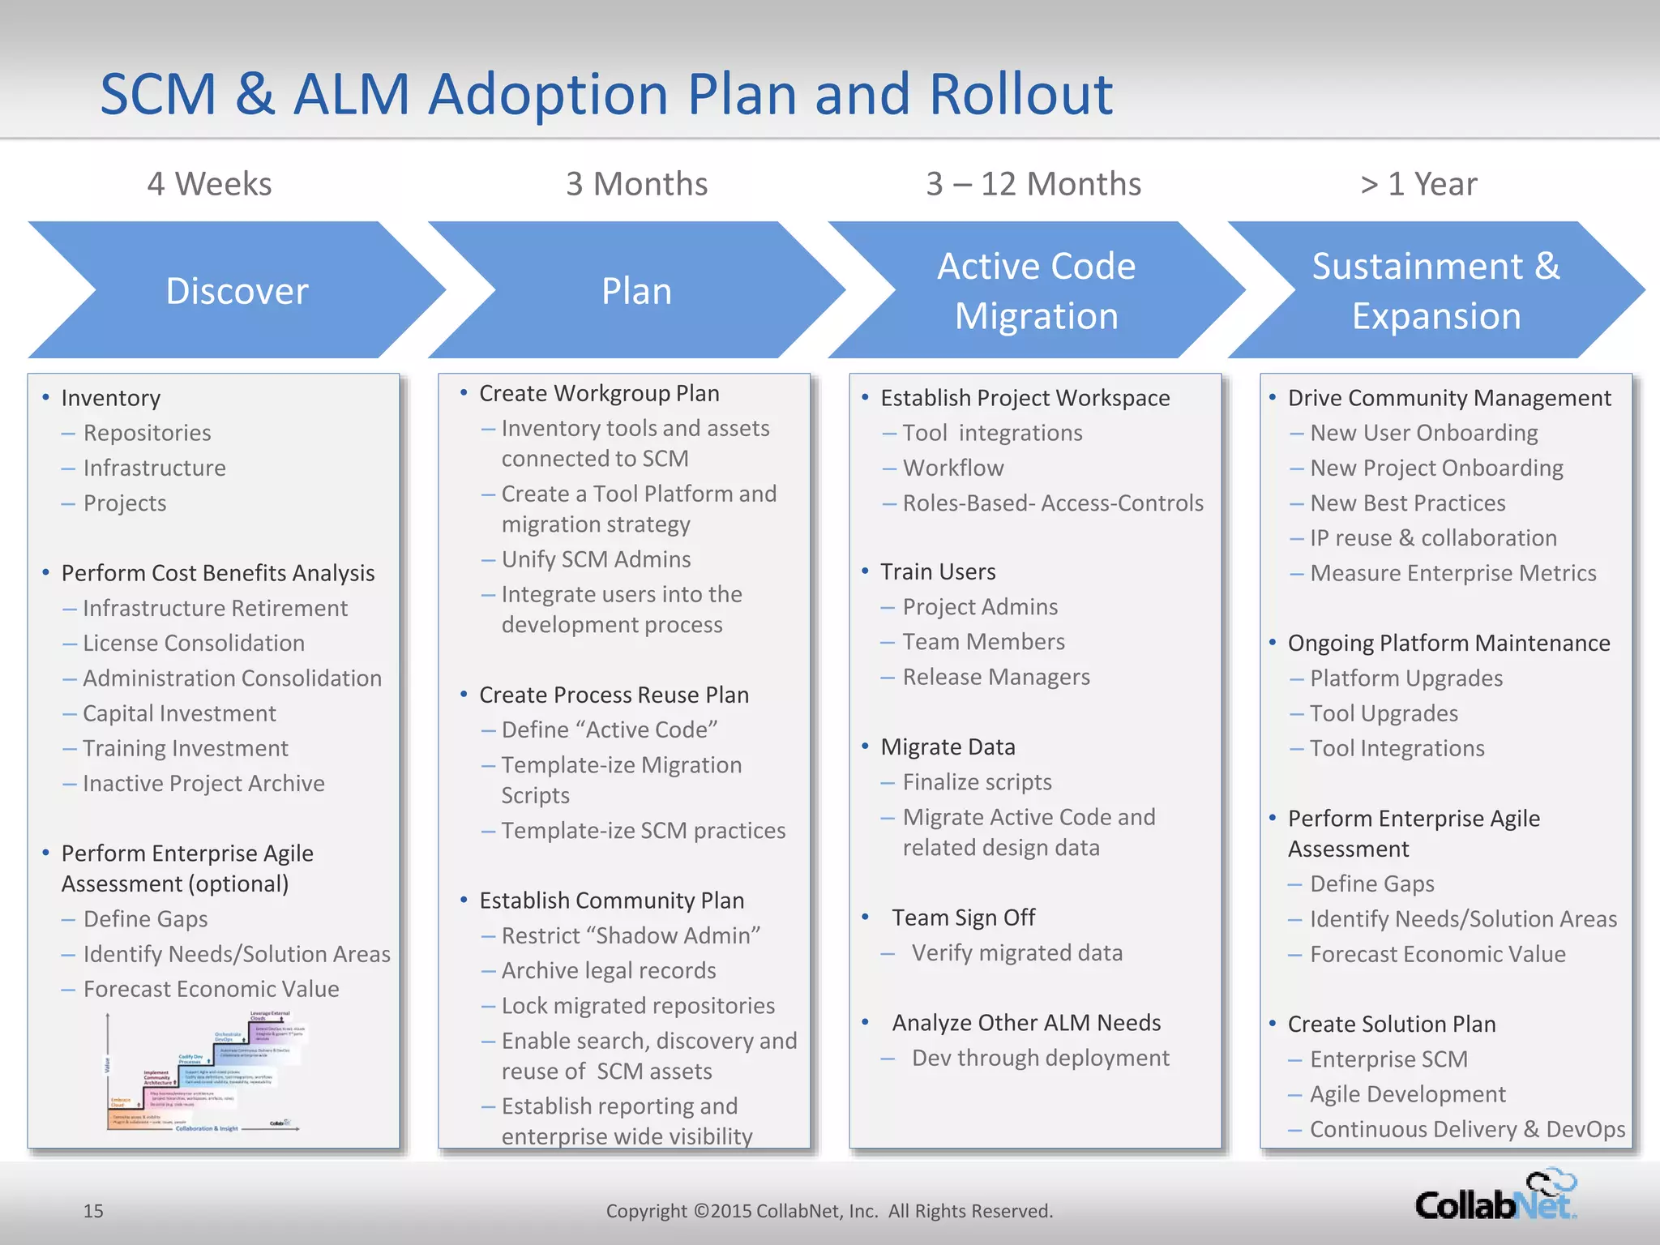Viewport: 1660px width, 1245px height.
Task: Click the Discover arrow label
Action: point(237,291)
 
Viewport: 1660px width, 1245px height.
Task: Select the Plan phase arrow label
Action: point(636,291)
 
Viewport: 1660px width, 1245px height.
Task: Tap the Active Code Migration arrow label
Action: point(1036,291)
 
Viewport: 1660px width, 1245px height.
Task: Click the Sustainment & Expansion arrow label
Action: point(1435,291)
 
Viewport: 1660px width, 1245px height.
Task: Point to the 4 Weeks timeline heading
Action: point(209,184)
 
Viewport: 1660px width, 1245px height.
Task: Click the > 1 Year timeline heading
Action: point(1418,184)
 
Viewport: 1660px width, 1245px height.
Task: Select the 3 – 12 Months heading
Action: point(1033,184)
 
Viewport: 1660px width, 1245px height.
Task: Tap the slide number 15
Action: point(93,1211)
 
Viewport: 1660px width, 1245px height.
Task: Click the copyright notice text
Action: point(829,1211)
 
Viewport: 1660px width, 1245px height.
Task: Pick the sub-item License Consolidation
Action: point(193,644)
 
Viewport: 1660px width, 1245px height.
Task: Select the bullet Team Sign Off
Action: point(963,918)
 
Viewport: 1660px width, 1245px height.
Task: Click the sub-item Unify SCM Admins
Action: point(596,559)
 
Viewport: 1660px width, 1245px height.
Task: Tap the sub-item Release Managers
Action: point(995,677)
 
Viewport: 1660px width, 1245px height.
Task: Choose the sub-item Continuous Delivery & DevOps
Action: point(1467,1129)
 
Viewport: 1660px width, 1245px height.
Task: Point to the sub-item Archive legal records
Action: point(608,970)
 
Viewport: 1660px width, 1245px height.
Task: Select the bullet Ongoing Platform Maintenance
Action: point(1448,644)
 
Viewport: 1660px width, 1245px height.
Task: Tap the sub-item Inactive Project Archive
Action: point(203,784)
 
